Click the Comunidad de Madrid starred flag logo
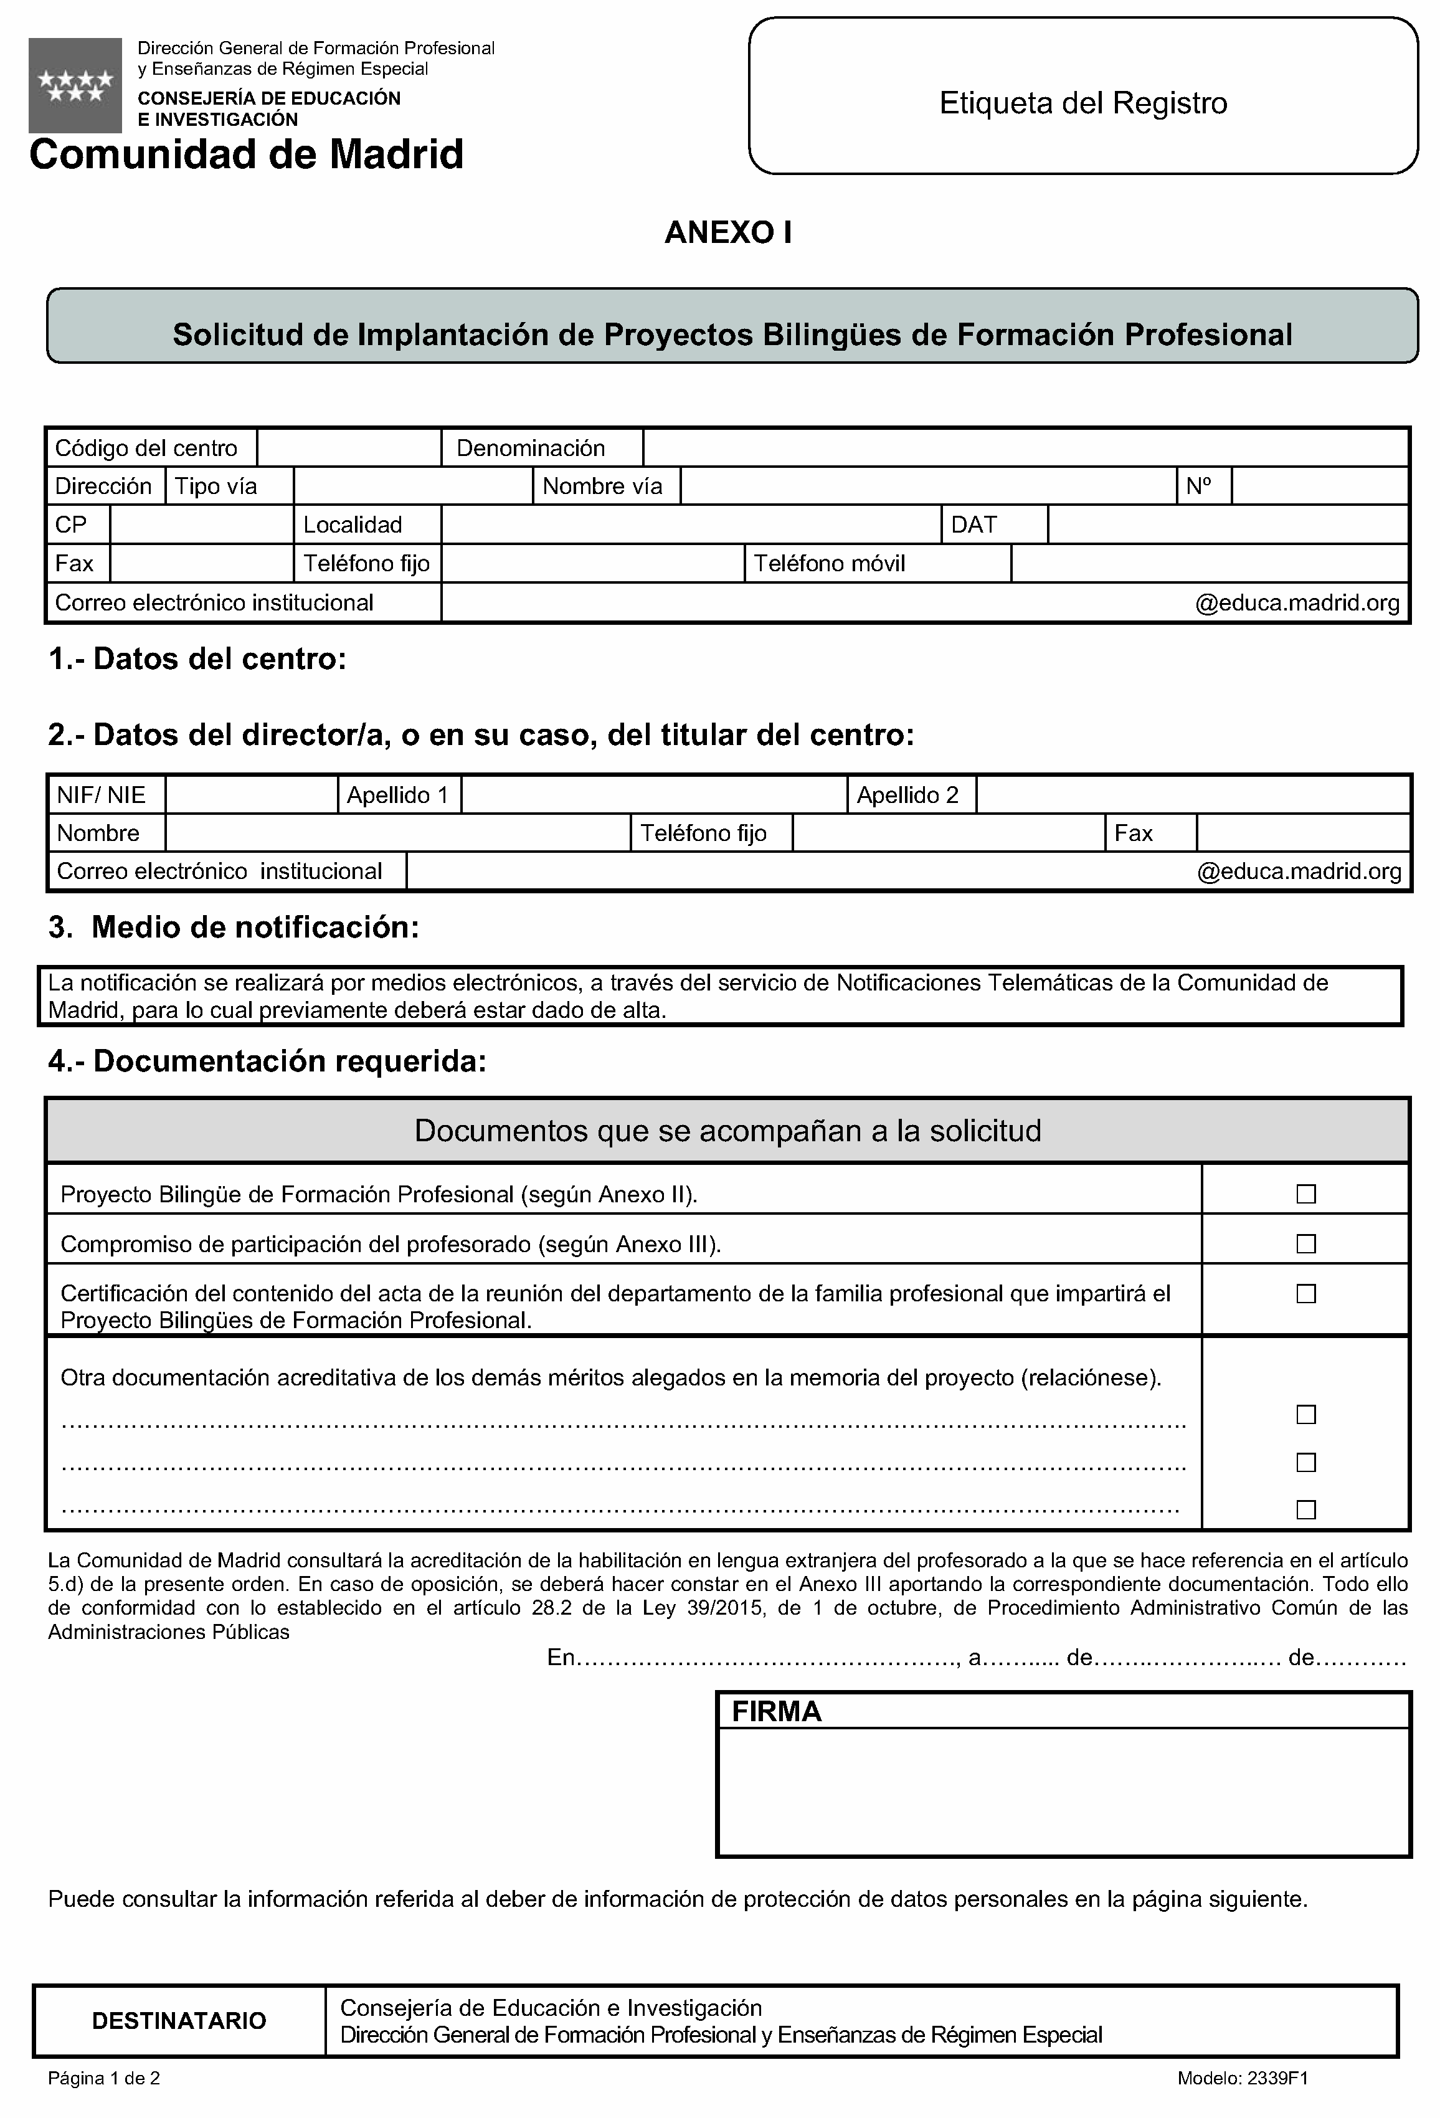pyautogui.click(x=75, y=86)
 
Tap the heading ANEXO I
pyautogui.click(x=727, y=234)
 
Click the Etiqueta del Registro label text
pyautogui.click(x=1082, y=103)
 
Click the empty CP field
pyautogui.click(x=201, y=525)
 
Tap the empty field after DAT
pyautogui.click(x=1227, y=525)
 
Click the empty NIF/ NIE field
pyautogui.click(x=252, y=795)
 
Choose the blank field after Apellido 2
pyautogui.click(x=1192, y=795)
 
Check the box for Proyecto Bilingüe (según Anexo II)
pyautogui.click(x=1305, y=1194)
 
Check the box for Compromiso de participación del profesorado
pyautogui.click(x=1305, y=1244)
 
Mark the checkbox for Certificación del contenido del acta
pyautogui.click(x=1305, y=1294)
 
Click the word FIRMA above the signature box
pyautogui.click(x=777, y=1712)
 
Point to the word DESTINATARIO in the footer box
pyautogui.click(x=179, y=2020)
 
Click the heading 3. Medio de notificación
pyautogui.click(x=234, y=928)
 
